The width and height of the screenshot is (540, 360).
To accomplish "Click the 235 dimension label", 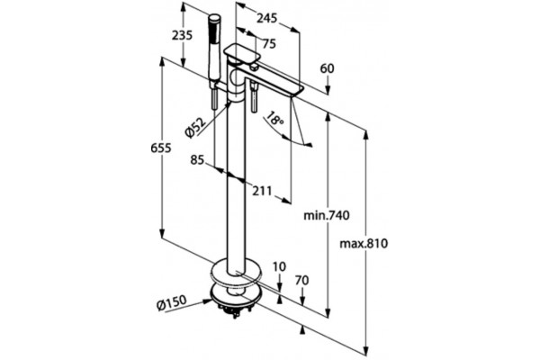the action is [182, 35].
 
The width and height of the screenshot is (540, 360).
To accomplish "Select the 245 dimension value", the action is [266, 18].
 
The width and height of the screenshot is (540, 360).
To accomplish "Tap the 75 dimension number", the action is [269, 44].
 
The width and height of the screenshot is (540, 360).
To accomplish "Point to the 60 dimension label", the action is [328, 68].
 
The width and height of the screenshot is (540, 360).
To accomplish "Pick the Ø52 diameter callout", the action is [195, 127].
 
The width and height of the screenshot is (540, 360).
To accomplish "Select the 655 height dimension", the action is [161, 148].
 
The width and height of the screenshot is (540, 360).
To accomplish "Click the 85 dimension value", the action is [197, 160].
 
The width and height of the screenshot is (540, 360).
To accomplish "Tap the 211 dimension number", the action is [262, 191].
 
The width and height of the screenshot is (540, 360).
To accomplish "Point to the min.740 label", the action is [327, 216].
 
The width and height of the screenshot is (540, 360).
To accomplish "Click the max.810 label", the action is [364, 244].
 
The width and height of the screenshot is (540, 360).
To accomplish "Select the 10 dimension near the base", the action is [279, 267].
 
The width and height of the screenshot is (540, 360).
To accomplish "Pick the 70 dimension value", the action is [301, 281].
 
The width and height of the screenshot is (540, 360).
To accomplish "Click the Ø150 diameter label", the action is [172, 302].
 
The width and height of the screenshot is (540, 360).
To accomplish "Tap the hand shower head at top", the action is [214, 48].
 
